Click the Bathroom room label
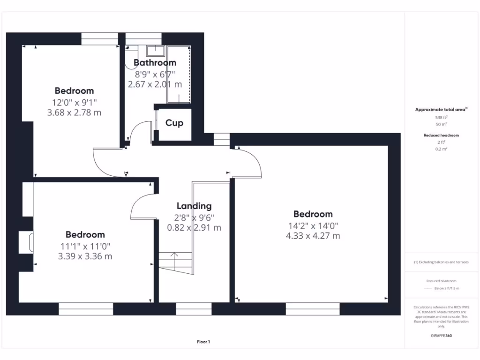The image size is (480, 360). (155, 62)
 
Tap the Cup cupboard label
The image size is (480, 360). (174, 123)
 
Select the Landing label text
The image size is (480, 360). (194, 206)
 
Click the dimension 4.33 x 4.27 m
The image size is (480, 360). (313, 236)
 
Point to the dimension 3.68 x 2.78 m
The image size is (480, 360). (74, 112)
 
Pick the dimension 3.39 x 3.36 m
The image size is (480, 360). (85, 256)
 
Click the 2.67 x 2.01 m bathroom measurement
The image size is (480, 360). (155, 84)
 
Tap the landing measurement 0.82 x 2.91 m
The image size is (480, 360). (194, 228)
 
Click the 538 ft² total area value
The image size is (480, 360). (441, 118)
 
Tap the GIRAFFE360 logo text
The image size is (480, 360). (441, 336)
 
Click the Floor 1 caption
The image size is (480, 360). (203, 342)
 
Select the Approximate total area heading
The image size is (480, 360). (440, 109)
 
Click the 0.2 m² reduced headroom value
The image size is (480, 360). (441, 149)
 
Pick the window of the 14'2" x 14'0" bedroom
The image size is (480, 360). (313, 308)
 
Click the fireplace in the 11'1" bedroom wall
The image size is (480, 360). (26, 242)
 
